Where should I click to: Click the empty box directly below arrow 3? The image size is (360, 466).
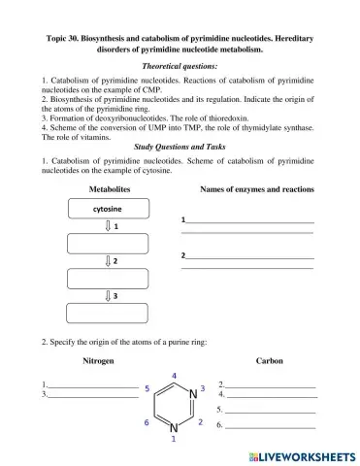click(107, 313)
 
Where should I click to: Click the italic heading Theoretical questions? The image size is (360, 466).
click(180, 66)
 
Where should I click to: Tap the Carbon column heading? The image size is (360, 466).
click(269, 360)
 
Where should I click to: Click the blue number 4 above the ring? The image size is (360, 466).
click(174, 376)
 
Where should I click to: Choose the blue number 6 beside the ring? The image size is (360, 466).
click(147, 423)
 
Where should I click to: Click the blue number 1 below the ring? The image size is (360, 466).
click(174, 440)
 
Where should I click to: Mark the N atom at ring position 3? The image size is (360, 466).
click(190, 393)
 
